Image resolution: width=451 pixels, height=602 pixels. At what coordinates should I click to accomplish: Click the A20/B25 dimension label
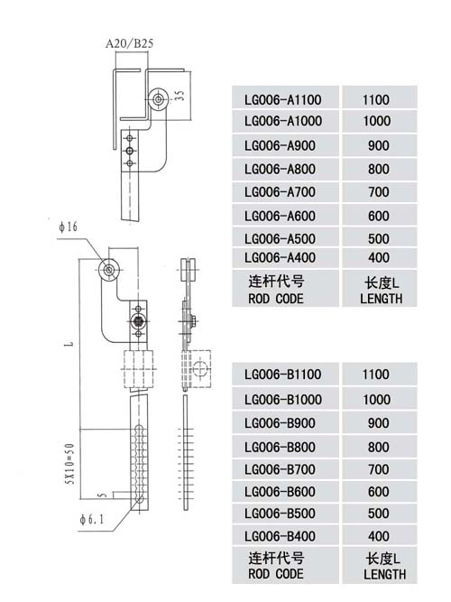[129, 43]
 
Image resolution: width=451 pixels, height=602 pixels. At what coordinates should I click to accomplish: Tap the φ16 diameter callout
[68, 227]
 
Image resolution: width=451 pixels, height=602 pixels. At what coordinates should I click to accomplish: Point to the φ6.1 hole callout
[91, 520]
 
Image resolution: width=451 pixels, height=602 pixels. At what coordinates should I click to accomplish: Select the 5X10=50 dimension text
[69, 464]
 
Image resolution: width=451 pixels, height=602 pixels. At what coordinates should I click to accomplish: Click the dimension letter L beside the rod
[69, 343]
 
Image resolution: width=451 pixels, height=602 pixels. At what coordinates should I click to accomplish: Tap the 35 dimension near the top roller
[179, 95]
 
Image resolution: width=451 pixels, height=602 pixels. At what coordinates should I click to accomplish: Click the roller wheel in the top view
[158, 99]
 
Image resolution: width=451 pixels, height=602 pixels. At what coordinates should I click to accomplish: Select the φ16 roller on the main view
[109, 270]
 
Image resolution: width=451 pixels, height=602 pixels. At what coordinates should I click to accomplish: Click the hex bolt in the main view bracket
[137, 320]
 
